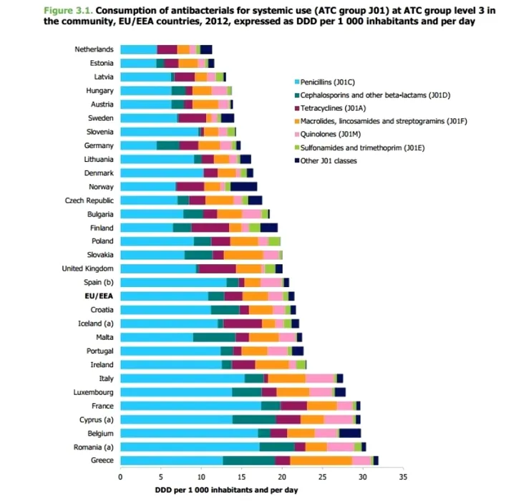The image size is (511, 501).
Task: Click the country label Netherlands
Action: (x=94, y=49)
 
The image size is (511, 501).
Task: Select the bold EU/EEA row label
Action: (x=99, y=296)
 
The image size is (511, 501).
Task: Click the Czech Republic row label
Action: (x=89, y=200)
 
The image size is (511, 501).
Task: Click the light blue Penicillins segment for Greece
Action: (x=171, y=460)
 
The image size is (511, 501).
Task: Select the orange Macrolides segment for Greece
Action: (x=321, y=460)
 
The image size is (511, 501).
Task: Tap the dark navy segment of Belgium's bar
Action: (x=350, y=433)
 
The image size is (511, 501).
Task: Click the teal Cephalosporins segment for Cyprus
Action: (x=254, y=419)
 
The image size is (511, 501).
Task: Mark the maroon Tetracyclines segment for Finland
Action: (x=210, y=227)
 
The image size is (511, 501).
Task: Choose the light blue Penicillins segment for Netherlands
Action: (x=138, y=49)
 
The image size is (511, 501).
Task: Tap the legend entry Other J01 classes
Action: (x=329, y=161)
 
